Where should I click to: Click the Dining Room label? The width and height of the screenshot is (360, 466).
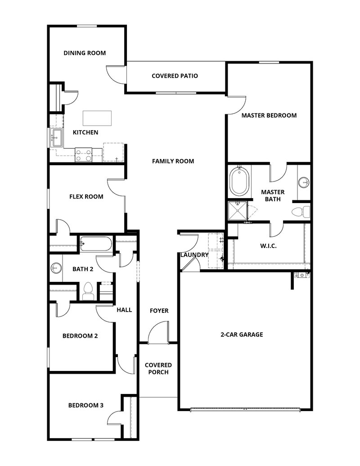85,53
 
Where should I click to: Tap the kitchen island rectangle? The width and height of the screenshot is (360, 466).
97,118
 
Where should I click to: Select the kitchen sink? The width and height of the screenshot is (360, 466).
57,137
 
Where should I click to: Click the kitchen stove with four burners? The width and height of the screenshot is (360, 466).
83,155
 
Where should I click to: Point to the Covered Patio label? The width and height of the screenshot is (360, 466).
175,76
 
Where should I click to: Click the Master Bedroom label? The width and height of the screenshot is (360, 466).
269,115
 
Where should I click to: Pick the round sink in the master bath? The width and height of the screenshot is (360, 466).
304,182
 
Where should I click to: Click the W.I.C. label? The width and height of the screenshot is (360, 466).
268,246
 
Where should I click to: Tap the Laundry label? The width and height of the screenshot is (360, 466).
194,255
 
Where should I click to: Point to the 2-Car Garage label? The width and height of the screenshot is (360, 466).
242,335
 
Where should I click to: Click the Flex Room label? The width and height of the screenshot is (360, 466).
86,196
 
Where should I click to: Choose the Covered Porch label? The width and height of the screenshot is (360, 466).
158,368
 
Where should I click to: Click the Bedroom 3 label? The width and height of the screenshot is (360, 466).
85,405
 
